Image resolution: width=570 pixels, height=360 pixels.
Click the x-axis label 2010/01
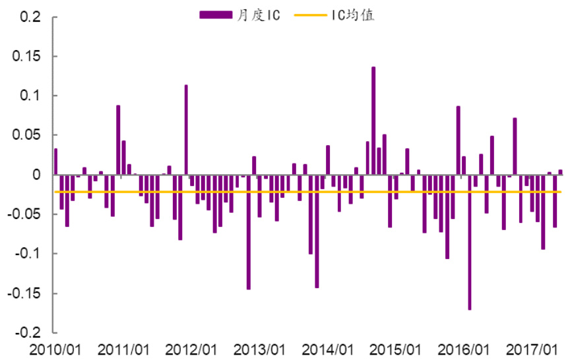[56, 348]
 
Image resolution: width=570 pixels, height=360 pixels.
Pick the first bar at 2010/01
[55, 162]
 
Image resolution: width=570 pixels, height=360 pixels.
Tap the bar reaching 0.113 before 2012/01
[186, 130]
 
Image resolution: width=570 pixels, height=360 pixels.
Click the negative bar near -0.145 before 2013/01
[249, 232]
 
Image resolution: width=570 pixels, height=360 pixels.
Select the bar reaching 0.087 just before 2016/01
[458, 140]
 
